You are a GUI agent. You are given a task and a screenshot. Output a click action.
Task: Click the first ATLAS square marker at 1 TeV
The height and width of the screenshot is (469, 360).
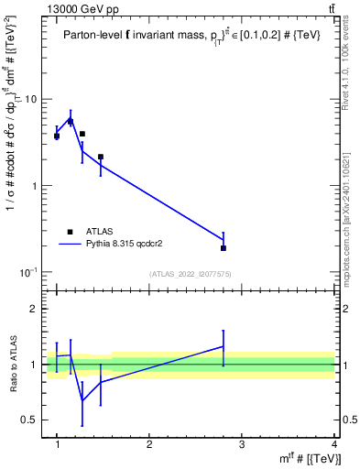pyautogui.click(x=57, y=136)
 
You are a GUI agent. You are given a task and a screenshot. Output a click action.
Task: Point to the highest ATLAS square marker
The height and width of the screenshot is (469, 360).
pyautogui.click(x=71, y=121)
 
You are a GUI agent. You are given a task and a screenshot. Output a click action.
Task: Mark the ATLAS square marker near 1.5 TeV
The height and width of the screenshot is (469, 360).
pyautogui.click(x=101, y=158)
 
